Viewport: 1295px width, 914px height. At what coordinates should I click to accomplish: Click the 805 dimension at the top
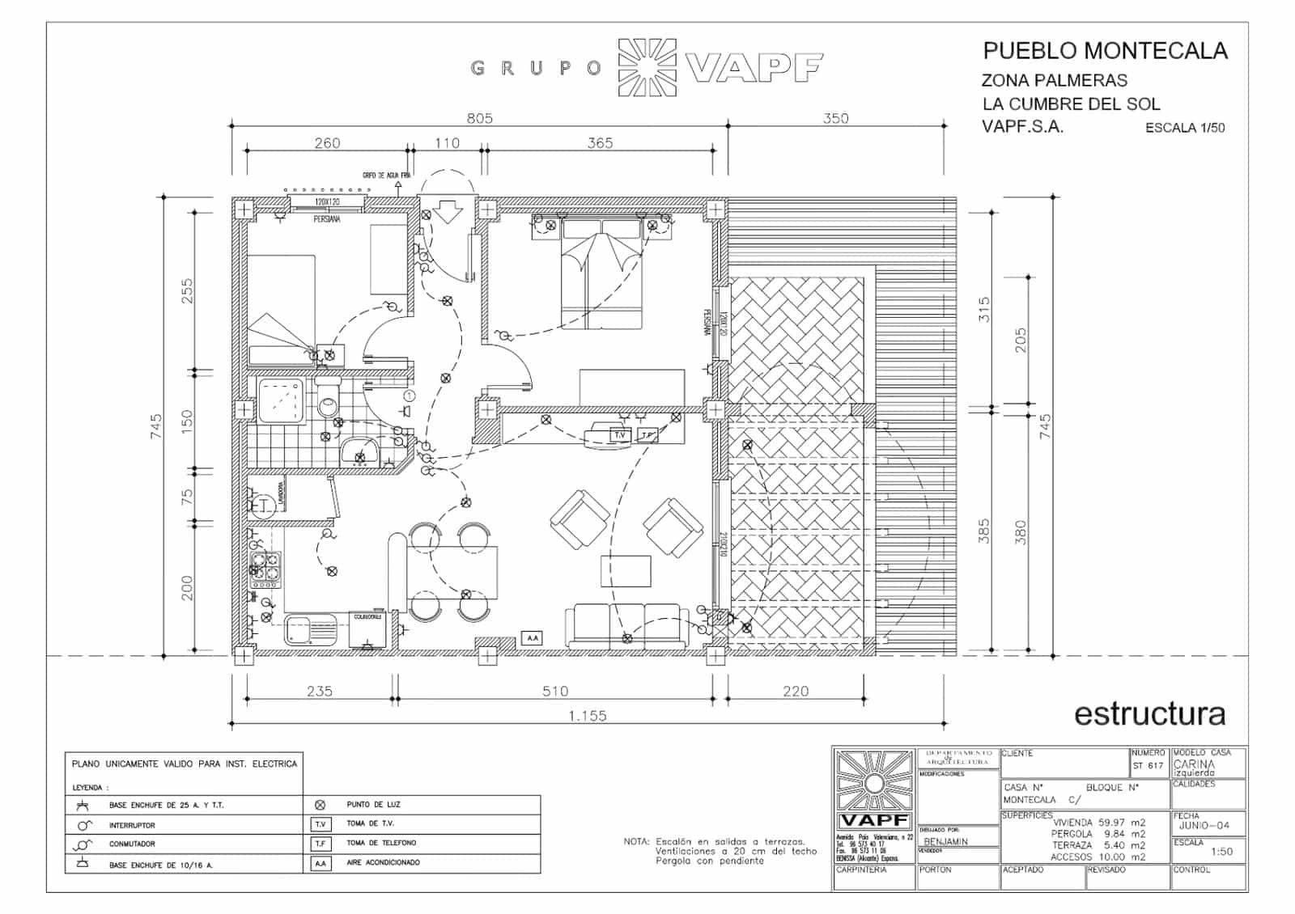(479, 118)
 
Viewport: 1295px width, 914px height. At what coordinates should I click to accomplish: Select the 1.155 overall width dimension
(588, 715)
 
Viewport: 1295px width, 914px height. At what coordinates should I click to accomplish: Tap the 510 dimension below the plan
(555, 691)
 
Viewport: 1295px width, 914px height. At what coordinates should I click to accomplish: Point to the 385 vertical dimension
(984, 531)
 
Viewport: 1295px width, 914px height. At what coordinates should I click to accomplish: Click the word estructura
(1149, 713)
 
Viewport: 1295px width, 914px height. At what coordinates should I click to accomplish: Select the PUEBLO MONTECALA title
(1105, 51)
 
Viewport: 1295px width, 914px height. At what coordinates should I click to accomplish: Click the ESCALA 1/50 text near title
(1184, 128)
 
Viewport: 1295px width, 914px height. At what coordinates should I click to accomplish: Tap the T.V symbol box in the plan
(620, 435)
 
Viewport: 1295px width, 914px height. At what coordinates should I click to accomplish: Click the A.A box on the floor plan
(532, 638)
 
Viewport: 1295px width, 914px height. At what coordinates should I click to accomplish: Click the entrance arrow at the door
(446, 212)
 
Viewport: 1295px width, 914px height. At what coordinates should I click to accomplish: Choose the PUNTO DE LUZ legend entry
(373, 804)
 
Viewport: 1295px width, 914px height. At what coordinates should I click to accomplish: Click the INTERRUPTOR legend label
(132, 825)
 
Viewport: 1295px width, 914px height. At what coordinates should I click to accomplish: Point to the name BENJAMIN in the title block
(945, 841)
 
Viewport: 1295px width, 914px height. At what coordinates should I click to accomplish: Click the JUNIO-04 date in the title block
(1204, 825)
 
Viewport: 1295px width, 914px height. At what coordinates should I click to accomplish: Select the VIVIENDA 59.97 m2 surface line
(1098, 823)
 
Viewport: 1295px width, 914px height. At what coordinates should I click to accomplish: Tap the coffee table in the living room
(626, 570)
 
